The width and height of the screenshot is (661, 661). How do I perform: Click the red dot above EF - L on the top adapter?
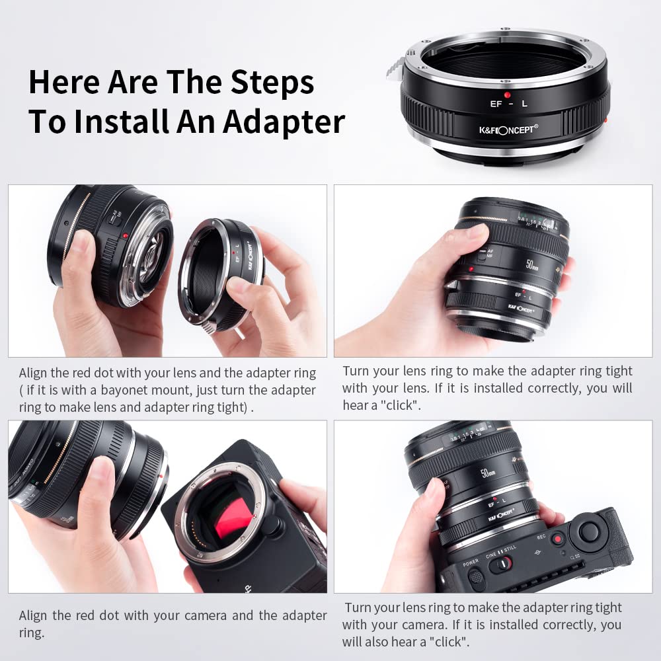pyautogui.click(x=508, y=85)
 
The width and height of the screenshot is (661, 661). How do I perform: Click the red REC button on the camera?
pyautogui.click(x=557, y=539)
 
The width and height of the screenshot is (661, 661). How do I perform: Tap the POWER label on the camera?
pyautogui.click(x=471, y=563)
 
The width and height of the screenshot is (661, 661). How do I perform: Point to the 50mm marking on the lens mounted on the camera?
pyautogui.click(x=487, y=475)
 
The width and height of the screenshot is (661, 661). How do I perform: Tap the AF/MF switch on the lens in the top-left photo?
pyautogui.click(x=115, y=220)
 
